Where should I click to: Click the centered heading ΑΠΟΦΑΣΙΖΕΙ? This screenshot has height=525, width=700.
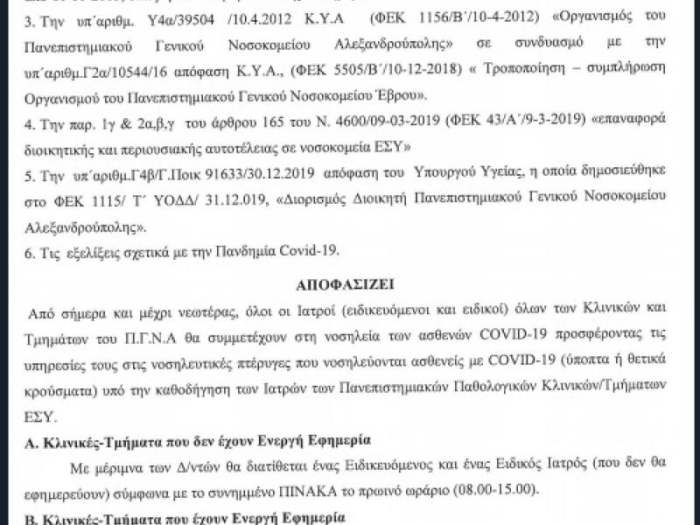pyautogui.click(x=350, y=284)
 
